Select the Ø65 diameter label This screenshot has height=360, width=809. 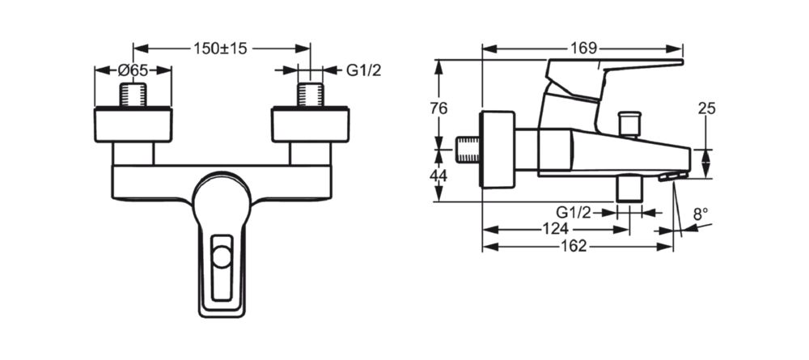(x=133, y=70)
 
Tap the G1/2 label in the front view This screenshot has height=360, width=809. (x=364, y=70)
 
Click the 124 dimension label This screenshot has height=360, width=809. (x=557, y=229)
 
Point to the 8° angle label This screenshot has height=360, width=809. (x=701, y=214)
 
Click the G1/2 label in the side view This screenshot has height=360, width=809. (x=574, y=212)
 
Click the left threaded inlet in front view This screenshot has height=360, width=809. (x=133, y=94)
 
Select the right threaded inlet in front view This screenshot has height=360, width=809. (x=310, y=94)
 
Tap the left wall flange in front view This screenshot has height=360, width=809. (x=133, y=126)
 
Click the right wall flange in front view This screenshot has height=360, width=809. (x=310, y=126)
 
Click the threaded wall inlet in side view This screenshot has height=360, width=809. (x=468, y=150)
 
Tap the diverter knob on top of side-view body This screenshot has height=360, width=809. (x=628, y=124)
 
